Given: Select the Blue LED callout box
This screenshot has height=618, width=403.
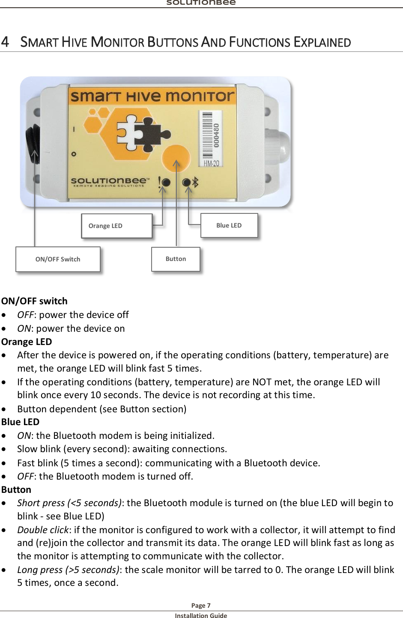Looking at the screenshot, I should [229, 225].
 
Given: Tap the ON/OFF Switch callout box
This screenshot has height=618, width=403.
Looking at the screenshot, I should [58, 259].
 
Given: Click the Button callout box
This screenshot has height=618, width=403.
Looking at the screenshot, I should [176, 259].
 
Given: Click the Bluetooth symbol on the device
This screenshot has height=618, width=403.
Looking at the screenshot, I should [195, 182].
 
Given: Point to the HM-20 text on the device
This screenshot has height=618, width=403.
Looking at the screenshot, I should [211, 163].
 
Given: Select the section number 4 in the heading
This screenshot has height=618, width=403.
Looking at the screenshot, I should [5, 42].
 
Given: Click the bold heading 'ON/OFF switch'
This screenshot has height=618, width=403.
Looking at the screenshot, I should [34, 301].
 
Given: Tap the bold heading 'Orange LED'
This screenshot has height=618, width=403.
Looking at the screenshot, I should [27, 342].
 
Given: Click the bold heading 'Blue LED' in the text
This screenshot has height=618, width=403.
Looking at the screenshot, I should [20, 422].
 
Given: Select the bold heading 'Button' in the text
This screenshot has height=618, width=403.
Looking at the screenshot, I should [16, 489].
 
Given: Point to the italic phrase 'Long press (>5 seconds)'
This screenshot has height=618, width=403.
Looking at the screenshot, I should [68, 570].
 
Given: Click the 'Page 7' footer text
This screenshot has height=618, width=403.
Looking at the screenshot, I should [201, 605].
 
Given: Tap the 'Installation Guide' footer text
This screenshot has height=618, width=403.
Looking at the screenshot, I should [201, 615].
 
